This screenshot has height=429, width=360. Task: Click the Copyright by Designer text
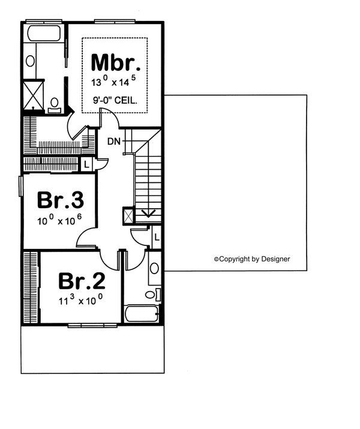pyautogui.click(x=252, y=259)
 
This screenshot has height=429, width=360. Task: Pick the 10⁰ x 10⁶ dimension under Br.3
pyautogui.click(x=58, y=220)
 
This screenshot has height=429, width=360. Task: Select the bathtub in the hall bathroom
pyautogui.click(x=142, y=314)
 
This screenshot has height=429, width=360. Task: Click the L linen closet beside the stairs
pyautogui.click(x=156, y=238)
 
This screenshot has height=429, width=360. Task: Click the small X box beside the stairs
pyautogui.click(x=128, y=215)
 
